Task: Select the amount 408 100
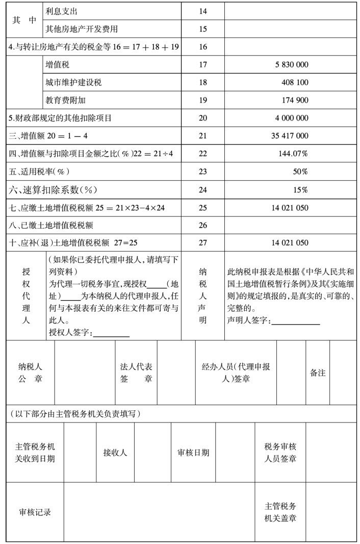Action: pyautogui.click(x=295, y=82)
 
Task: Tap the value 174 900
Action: pyautogui.click(x=295, y=100)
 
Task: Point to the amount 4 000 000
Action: pyautogui.click(x=291, y=118)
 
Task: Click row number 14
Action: pyautogui.click(x=202, y=11)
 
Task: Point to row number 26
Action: pyautogui.click(x=202, y=225)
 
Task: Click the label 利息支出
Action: pyautogui.click(x=62, y=11)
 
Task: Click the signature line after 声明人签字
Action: pyautogui.click(x=296, y=323)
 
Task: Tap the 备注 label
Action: pyautogui.click(x=318, y=373)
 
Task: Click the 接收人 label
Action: pyautogui.click(x=115, y=453)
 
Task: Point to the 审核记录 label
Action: pyautogui.click(x=35, y=512)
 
